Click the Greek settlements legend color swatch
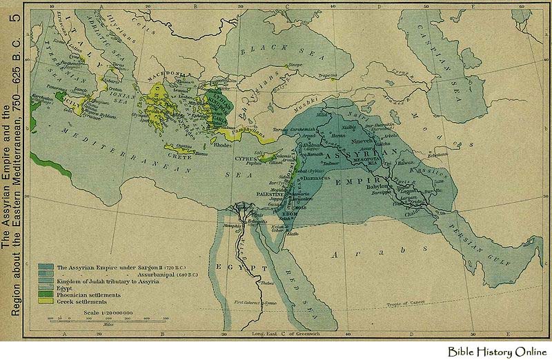(47, 301)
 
